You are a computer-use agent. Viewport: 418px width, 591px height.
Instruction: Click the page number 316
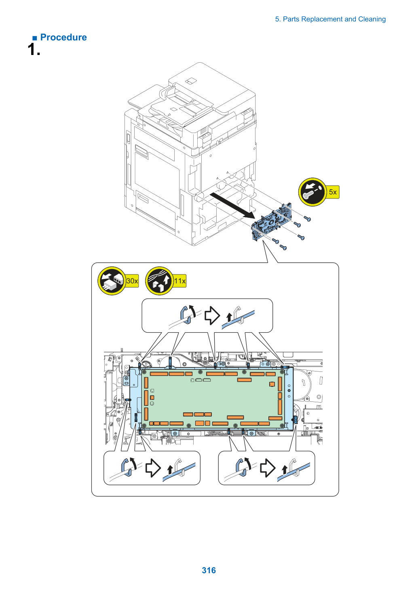coord(209,570)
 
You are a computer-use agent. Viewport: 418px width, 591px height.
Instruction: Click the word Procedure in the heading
coord(63,37)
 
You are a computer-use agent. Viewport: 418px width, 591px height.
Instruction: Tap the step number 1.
coord(34,49)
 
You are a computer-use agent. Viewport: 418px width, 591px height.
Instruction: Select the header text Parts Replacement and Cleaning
coord(334,19)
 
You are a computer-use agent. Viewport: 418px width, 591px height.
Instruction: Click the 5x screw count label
coord(333,192)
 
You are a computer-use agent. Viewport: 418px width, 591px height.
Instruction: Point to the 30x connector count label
coord(132,281)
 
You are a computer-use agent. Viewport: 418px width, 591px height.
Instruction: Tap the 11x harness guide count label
coord(180,281)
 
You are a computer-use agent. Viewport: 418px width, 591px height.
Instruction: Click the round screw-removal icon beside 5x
coord(313,192)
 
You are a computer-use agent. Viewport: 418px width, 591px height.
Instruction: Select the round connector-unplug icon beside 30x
coord(112,281)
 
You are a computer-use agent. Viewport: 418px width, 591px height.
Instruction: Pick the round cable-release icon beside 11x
coord(159,281)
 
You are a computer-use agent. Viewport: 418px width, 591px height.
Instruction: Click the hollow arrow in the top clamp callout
coord(212,315)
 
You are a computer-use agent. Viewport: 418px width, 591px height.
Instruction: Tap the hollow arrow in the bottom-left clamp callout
coord(153,468)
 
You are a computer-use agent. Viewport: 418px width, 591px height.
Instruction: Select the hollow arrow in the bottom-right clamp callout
coord(268,468)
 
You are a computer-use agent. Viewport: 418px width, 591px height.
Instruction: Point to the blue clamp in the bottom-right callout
coord(242,468)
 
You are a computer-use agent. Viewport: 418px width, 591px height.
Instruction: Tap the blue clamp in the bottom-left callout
coord(127,468)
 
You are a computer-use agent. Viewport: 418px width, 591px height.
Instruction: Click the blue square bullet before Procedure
coord(35,38)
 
